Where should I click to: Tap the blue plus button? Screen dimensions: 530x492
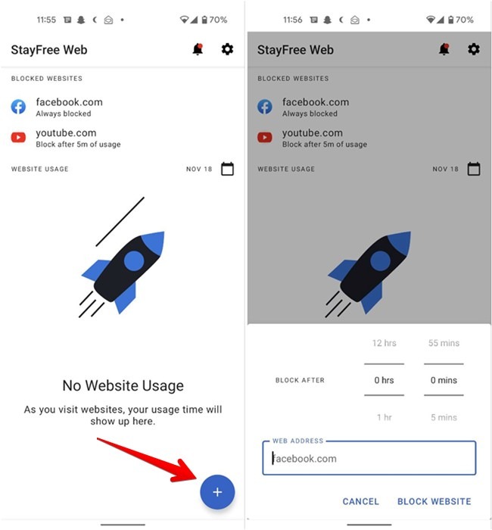coord(217,492)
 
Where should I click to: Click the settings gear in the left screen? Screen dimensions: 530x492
coord(227,50)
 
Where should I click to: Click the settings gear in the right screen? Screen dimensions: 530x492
coord(474,50)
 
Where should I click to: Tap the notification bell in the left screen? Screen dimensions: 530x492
coord(198,50)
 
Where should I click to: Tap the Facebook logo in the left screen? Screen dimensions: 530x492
coord(18,107)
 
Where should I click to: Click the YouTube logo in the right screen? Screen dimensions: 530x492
coord(265,137)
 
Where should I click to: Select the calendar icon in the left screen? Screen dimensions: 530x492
coord(227,169)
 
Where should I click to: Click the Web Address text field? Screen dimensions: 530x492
coord(369,458)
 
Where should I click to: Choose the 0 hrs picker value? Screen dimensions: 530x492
coord(385,380)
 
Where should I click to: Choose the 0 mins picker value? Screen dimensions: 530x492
coord(444,380)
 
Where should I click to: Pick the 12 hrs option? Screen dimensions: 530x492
coord(385,343)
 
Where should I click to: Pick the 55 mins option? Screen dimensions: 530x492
coord(444,343)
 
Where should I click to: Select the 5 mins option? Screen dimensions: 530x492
coord(444,417)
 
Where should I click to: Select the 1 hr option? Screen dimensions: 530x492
coord(385,417)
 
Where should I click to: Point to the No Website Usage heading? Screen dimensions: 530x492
coord(123,385)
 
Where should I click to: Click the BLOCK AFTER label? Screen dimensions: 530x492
coord(300,380)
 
